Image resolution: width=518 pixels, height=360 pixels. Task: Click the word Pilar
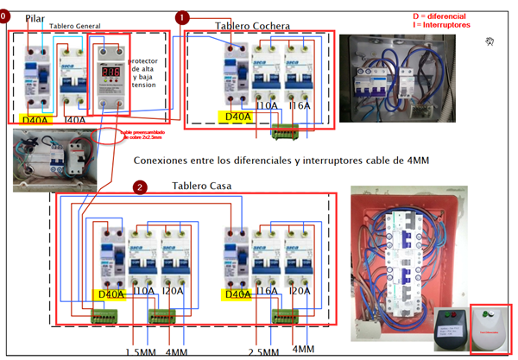[x=35, y=17]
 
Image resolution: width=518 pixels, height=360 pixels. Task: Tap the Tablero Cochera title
[x=252, y=27]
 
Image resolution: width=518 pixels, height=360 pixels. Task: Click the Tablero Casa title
[x=201, y=186]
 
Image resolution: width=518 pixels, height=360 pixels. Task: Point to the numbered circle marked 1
[x=182, y=17]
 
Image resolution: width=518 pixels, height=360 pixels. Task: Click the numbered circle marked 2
[x=141, y=186]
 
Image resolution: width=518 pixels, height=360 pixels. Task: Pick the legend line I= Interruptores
[x=441, y=26]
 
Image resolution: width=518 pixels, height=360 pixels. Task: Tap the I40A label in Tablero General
[x=75, y=119]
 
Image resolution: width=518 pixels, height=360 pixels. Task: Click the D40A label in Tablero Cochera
[x=237, y=116]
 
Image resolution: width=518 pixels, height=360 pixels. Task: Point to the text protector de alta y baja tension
[x=144, y=73]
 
